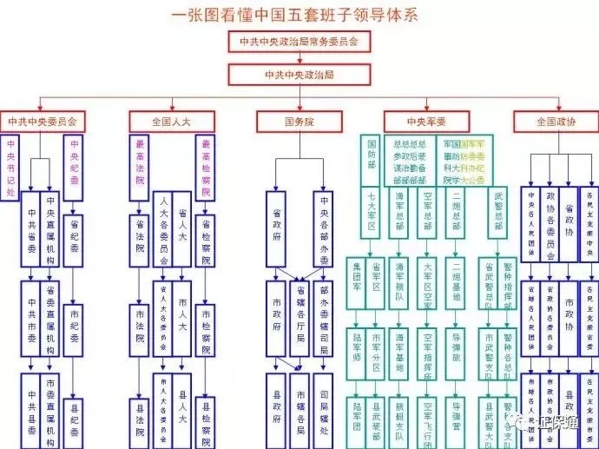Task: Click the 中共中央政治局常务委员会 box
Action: coord(299,41)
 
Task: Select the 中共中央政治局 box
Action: coord(299,75)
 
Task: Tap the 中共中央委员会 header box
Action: coord(43,121)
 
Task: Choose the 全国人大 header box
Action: coord(170,121)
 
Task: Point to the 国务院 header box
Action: coord(299,121)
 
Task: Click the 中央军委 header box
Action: coord(426,121)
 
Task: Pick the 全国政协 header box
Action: coord(556,121)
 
